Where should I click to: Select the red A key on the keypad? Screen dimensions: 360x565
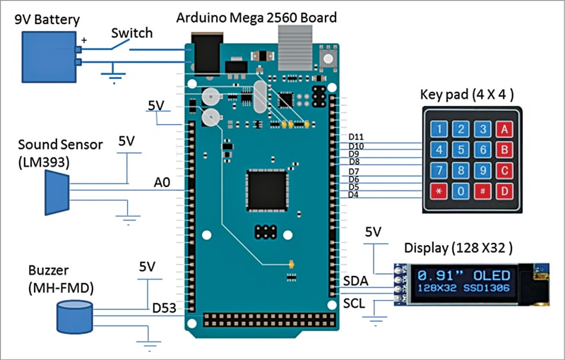click(504, 129)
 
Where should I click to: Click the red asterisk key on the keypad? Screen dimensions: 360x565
click(439, 191)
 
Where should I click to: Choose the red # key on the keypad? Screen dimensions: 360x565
click(483, 191)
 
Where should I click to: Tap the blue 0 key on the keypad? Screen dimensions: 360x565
click(461, 191)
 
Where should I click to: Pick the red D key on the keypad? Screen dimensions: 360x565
click(504, 191)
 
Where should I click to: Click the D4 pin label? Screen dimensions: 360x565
click(355, 195)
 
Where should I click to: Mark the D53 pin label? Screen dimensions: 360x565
click(165, 308)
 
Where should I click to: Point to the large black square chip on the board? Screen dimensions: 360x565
click(267, 190)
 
